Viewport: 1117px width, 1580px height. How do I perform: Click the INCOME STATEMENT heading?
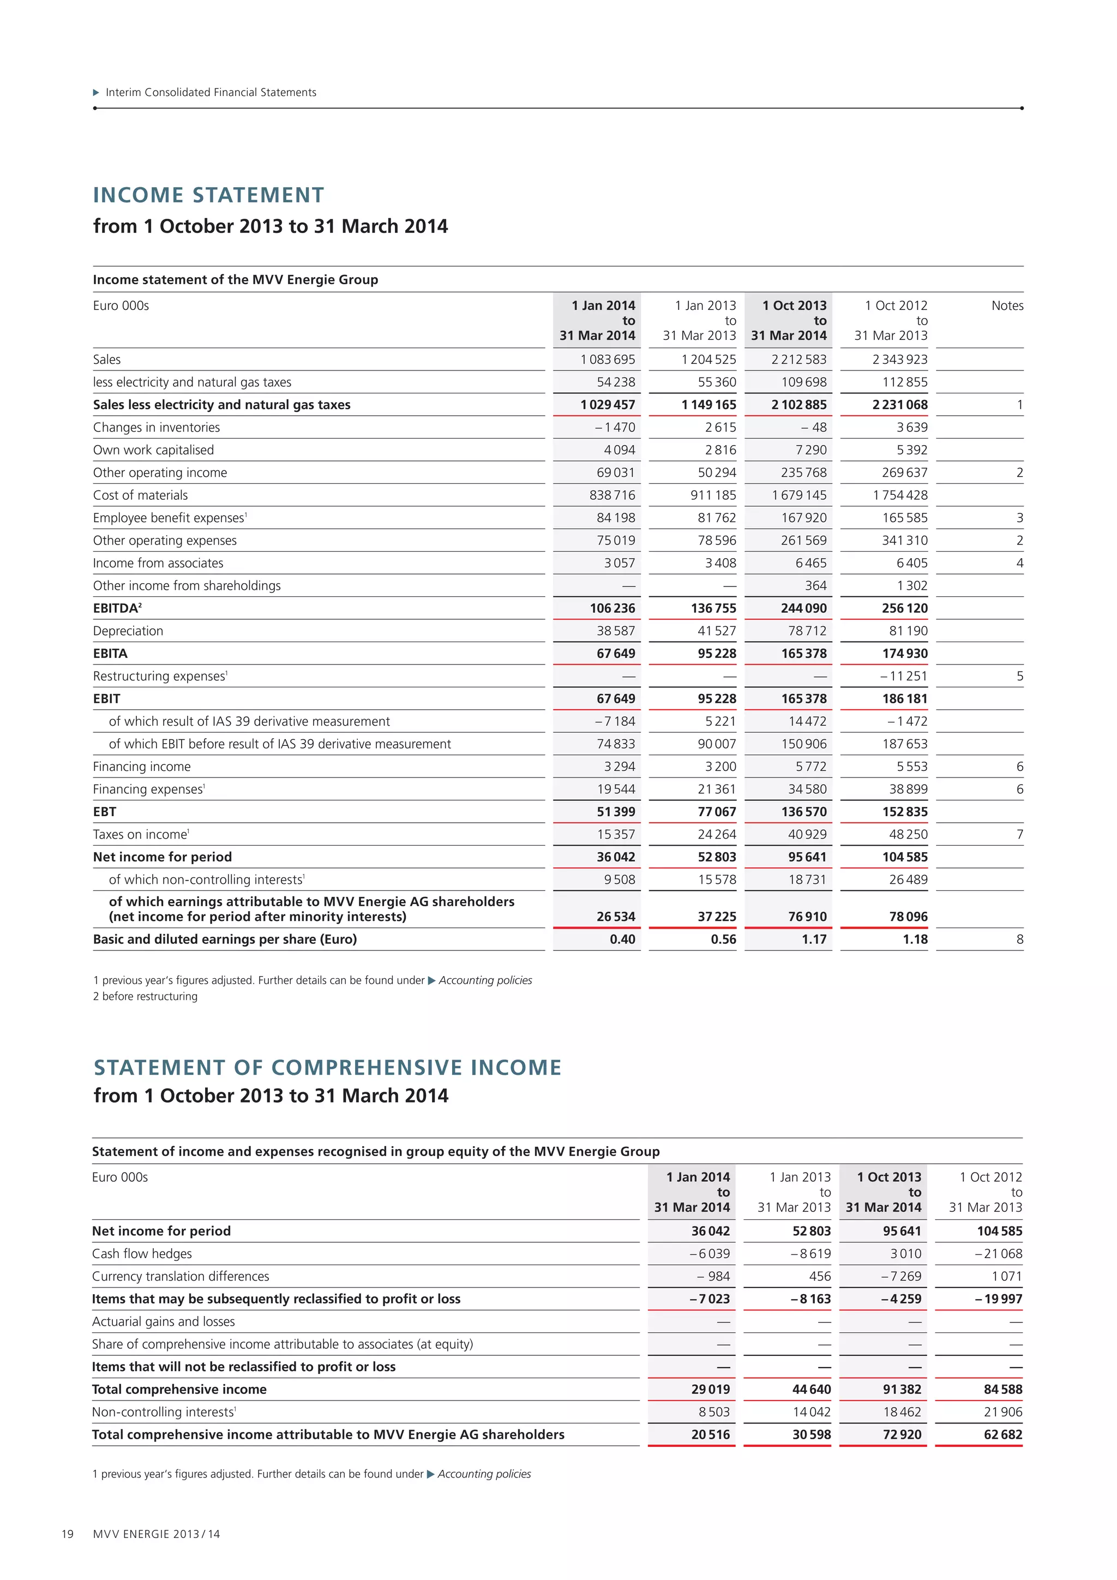coord(208,195)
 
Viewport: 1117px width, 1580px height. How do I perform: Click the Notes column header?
coord(1007,306)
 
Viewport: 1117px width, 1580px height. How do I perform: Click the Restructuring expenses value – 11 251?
coord(903,676)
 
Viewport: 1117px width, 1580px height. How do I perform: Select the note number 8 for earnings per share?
coord(1019,939)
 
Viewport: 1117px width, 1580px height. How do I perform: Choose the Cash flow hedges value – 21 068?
coord(998,1254)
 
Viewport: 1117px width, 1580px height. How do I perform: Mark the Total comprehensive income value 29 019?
coord(711,1390)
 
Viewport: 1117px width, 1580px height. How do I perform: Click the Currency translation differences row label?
coord(180,1277)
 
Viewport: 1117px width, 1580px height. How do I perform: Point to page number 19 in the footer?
coord(68,1534)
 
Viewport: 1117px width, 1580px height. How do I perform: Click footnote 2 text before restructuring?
coord(145,996)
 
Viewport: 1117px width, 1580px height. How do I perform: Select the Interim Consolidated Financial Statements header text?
coord(211,92)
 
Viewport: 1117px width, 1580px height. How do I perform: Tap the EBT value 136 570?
coord(803,812)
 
